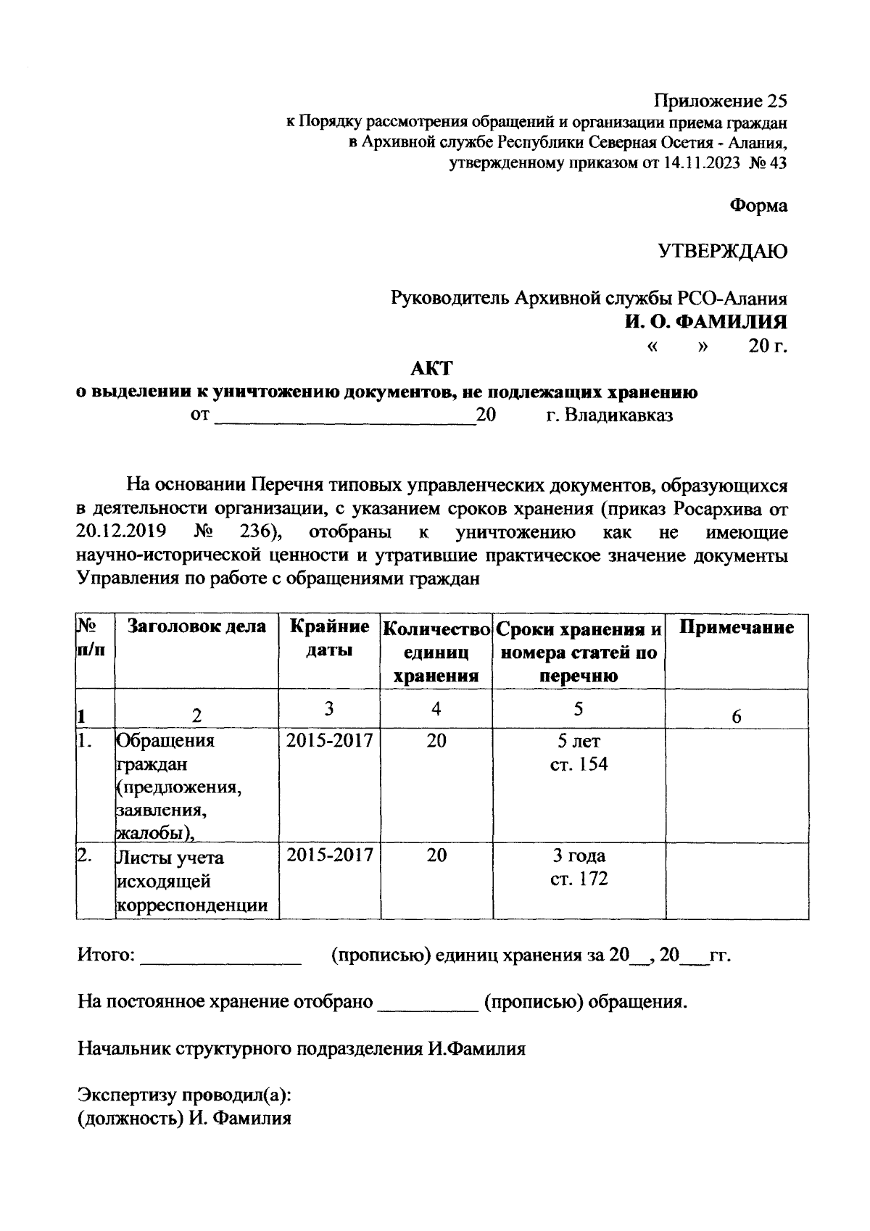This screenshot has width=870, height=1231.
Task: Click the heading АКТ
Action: (x=431, y=369)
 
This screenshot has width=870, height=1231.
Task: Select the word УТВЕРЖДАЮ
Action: (x=722, y=252)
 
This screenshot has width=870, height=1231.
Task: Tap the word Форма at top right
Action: (x=758, y=206)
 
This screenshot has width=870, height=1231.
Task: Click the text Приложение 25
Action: (x=720, y=100)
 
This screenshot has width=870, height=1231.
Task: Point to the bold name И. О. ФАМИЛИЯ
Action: (x=707, y=321)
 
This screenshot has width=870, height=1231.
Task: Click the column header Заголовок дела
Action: (x=196, y=626)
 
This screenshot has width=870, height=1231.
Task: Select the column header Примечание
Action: (x=736, y=627)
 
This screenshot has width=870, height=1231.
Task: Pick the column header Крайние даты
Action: (x=329, y=638)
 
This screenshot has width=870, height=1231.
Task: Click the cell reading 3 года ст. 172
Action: (x=578, y=867)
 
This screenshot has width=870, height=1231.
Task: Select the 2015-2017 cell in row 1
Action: (x=329, y=740)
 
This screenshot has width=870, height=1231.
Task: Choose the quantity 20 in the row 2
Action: (x=436, y=855)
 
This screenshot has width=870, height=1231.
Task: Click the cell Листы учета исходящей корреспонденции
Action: (x=191, y=881)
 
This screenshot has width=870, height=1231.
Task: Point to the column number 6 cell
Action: (x=736, y=716)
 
